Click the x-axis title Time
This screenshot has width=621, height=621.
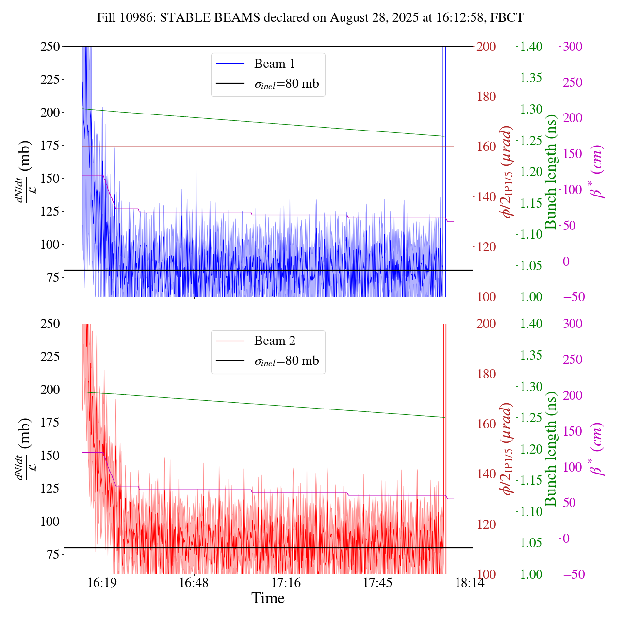pyautogui.click(x=268, y=598)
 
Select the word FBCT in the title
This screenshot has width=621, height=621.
pyautogui.click(x=507, y=18)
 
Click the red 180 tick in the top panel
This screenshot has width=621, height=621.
pyautogui.click(x=487, y=97)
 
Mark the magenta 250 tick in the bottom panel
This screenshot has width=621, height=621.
pyautogui.click(x=572, y=360)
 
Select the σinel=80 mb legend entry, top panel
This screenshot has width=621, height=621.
pyautogui.click(x=287, y=84)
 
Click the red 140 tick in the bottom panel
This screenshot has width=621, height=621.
pyautogui.click(x=487, y=474)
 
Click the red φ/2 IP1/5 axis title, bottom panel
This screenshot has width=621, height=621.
pyautogui.click(x=507, y=449)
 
